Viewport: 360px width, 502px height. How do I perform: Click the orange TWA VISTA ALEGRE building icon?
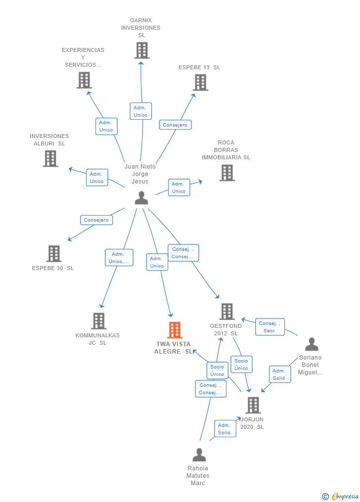point(175,330)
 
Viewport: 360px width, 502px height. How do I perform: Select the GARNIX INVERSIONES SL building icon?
point(142,50)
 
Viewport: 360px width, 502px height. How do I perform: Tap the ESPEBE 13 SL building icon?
point(201,83)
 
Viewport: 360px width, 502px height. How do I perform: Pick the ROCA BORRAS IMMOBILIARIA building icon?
point(227,173)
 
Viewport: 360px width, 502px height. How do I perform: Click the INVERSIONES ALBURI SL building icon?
point(50,158)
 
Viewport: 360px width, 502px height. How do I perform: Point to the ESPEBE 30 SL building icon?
point(54,254)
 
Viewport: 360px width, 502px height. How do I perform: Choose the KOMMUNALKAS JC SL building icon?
point(98,321)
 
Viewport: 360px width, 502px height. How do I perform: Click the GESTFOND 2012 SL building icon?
point(227,312)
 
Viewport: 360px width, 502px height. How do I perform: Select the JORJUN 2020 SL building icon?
point(253,405)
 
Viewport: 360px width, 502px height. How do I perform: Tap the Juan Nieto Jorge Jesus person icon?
point(141,197)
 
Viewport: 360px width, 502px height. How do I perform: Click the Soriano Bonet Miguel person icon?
point(312,344)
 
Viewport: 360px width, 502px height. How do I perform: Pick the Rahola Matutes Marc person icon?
point(199,455)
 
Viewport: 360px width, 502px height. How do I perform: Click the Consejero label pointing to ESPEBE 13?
point(176,125)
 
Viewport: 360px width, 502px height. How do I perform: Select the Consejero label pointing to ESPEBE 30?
point(96,220)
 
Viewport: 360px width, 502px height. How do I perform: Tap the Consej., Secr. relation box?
point(270,327)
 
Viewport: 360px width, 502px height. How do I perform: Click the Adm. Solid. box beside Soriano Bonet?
point(280,374)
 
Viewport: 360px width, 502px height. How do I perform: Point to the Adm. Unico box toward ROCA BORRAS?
point(179,187)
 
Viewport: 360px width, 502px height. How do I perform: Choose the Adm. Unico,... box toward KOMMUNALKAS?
point(119,258)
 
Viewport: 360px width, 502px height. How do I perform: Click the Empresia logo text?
point(345,496)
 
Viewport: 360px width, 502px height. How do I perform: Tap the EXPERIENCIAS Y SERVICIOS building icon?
point(84,80)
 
